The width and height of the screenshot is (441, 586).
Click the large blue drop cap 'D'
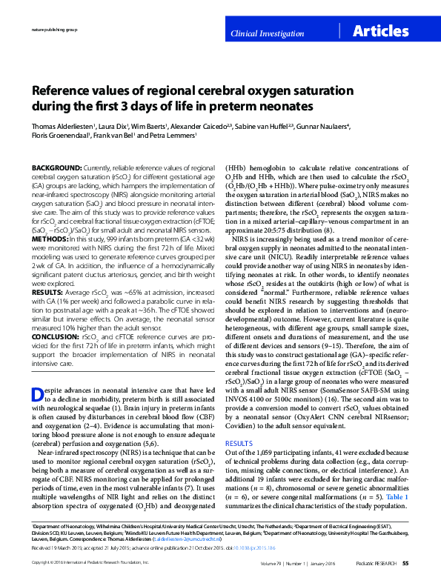tap(40, 393)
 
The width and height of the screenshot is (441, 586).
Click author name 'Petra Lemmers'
tap(175, 136)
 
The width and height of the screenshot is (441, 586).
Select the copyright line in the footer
tap(84, 564)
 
